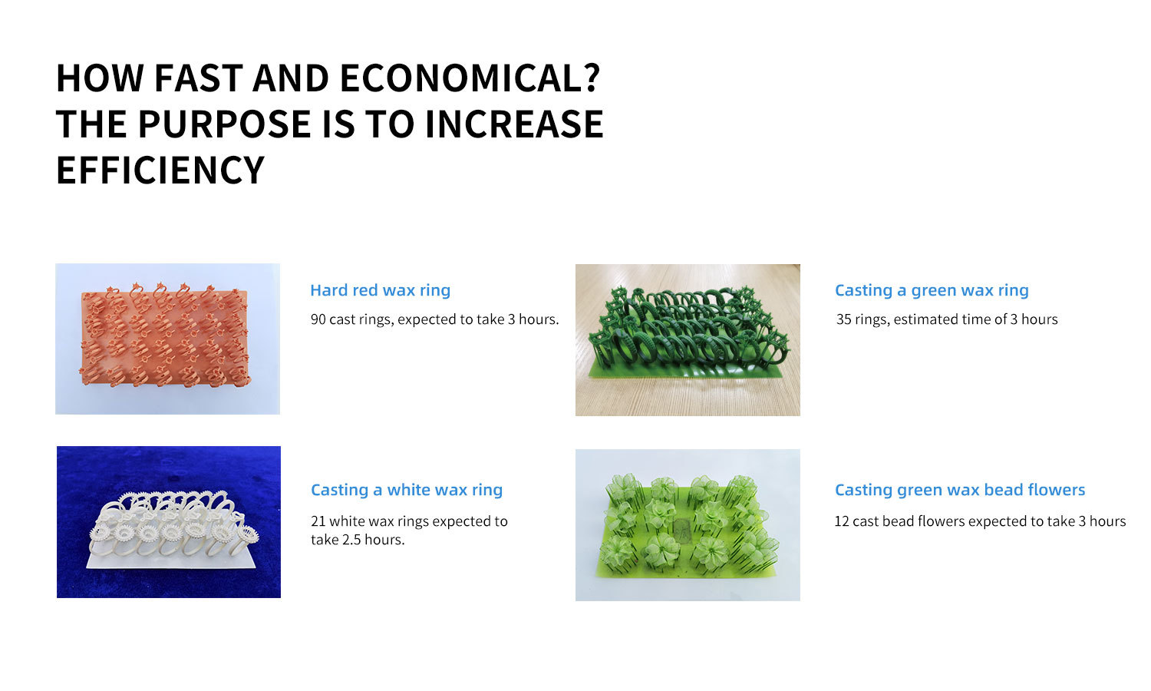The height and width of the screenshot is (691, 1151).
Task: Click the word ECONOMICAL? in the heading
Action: (470, 78)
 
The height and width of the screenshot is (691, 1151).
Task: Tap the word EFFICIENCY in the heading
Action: (160, 170)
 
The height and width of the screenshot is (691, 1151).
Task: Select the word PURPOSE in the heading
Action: (225, 124)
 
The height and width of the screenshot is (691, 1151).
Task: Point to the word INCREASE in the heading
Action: (514, 124)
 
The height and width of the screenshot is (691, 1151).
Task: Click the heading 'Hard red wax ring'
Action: (381, 290)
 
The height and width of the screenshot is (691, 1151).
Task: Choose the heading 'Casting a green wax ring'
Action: (932, 290)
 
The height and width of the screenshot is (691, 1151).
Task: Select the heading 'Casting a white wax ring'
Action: (407, 490)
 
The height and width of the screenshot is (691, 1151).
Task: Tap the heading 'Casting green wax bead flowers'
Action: (960, 490)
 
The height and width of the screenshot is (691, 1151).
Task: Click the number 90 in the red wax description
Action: (318, 319)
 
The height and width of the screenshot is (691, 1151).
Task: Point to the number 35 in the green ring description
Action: (844, 319)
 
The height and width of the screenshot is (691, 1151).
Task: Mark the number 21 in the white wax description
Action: (318, 521)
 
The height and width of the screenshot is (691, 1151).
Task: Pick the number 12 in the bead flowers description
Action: (842, 521)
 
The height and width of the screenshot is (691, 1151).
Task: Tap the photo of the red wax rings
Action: (167, 339)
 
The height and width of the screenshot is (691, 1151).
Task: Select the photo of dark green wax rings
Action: (688, 340)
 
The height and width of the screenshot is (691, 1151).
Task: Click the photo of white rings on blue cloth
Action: (169, 522)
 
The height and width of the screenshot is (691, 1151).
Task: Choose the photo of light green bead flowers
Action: (688, 525)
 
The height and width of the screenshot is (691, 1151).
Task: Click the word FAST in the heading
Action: (198, 78)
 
